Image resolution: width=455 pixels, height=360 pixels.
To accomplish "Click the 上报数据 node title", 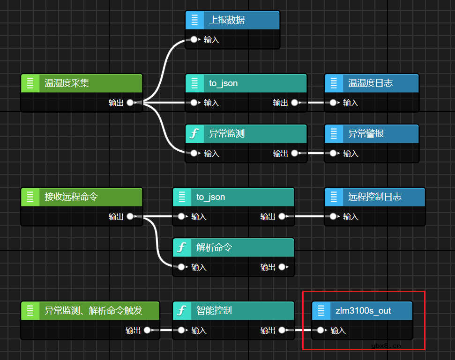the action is [x=227, y=20].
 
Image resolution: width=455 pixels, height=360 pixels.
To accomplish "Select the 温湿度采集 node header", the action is [x=82, y=83].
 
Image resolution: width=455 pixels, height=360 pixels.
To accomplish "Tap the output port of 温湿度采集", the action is [x=130, y=103].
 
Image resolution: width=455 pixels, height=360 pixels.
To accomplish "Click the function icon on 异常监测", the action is [x=194, y=133].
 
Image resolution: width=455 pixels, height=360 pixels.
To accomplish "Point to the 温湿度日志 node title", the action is [x=370, y=83].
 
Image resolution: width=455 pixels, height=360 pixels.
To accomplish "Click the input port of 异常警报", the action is [x=333, y=153].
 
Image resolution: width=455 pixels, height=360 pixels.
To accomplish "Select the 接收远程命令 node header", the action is [x=82, y=197].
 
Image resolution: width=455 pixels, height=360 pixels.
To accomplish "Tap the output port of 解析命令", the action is [x=282, y=267].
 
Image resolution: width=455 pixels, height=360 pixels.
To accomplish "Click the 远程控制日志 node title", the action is [x=375, y=197].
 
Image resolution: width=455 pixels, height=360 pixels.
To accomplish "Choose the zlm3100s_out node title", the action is [x=363, y=311].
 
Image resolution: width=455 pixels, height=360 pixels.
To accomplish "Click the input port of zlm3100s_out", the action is [x=321, y=330].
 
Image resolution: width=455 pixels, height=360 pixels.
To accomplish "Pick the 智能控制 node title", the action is [x=214, y=310].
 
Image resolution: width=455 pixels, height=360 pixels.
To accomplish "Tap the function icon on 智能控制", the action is [x=182, y=310].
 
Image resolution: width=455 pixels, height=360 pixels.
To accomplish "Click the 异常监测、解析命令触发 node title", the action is [x=93, y=310].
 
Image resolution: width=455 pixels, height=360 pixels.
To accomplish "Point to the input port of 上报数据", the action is [x=194, y=39].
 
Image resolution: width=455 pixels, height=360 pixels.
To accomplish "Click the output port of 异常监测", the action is [x=294, y=153].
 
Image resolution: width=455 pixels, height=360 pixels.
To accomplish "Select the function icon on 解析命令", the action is [x=182, y=247].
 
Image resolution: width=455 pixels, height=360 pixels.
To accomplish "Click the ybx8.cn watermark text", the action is [x=386, y=345].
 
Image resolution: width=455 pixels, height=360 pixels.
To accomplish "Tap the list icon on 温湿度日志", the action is [x=334, y=83].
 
